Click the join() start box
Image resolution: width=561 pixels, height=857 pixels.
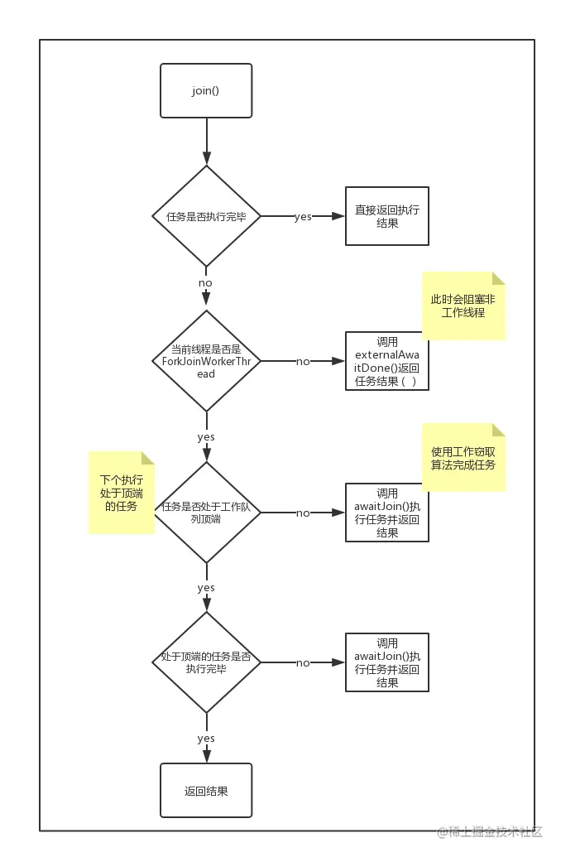click(x=206, y=91)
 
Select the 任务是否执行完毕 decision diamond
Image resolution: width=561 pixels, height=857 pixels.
click(x=206, y=216)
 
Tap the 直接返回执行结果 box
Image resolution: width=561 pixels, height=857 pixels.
click(x=386, y=216)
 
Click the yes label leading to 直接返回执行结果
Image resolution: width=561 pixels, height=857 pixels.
click(x=303, y=217)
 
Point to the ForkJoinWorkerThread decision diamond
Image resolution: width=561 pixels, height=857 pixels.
click(x=206, y=361)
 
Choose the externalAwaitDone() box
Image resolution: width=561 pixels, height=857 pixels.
click(x=386, y=361)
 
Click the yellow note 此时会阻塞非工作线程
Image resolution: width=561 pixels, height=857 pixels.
click(x=463, y=306)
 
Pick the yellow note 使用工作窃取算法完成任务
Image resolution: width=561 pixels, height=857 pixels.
click(x=463, y=458)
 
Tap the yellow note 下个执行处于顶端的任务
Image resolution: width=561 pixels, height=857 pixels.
click(x=122, y=493)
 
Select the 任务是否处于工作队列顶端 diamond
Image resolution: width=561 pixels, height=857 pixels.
click(x=206, y=513)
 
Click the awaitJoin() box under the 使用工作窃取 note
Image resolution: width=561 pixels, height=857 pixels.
click(x=386, y=513)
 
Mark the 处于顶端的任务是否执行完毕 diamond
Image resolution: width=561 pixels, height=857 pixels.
click(x=206, y=662)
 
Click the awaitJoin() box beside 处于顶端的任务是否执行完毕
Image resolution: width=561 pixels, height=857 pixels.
click(x=386, y=662)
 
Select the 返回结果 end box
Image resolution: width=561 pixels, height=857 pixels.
click(x=206, y=791)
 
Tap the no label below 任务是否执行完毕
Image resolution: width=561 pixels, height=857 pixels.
click(x=205, y=283)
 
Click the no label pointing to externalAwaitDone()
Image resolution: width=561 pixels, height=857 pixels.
click(x=303, y=362)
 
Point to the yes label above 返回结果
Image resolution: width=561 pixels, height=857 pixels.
click(x=206, y=739)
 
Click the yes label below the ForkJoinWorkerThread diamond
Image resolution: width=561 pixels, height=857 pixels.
click(x=206, y=437)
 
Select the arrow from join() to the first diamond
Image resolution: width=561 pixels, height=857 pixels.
click(x=207, y=142)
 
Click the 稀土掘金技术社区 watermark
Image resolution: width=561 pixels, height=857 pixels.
click(x=490, y=832)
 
